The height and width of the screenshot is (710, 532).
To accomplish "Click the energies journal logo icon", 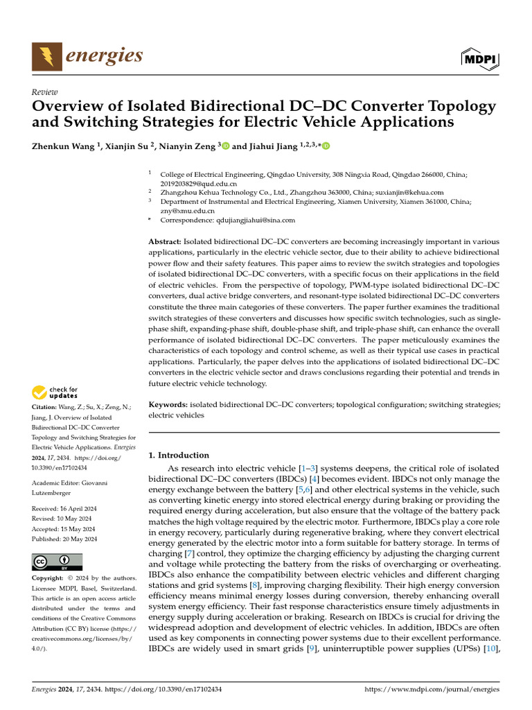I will coord(46,56).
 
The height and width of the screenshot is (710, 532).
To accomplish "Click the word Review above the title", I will coord(45,92).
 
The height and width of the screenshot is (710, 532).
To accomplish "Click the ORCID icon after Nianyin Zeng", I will coord(225,146).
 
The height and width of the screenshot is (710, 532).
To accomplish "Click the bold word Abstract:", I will coord(166,241).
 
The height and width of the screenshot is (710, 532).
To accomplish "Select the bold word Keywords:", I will coord(168,404).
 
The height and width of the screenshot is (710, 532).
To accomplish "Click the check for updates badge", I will coord(55,393).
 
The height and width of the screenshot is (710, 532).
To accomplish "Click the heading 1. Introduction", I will coord(179,456).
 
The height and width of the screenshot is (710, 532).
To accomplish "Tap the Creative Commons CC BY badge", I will coord(57,562).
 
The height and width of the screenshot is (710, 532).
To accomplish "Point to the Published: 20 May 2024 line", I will coord(64,539).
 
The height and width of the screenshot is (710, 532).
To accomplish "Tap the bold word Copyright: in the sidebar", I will coord(50,578).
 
